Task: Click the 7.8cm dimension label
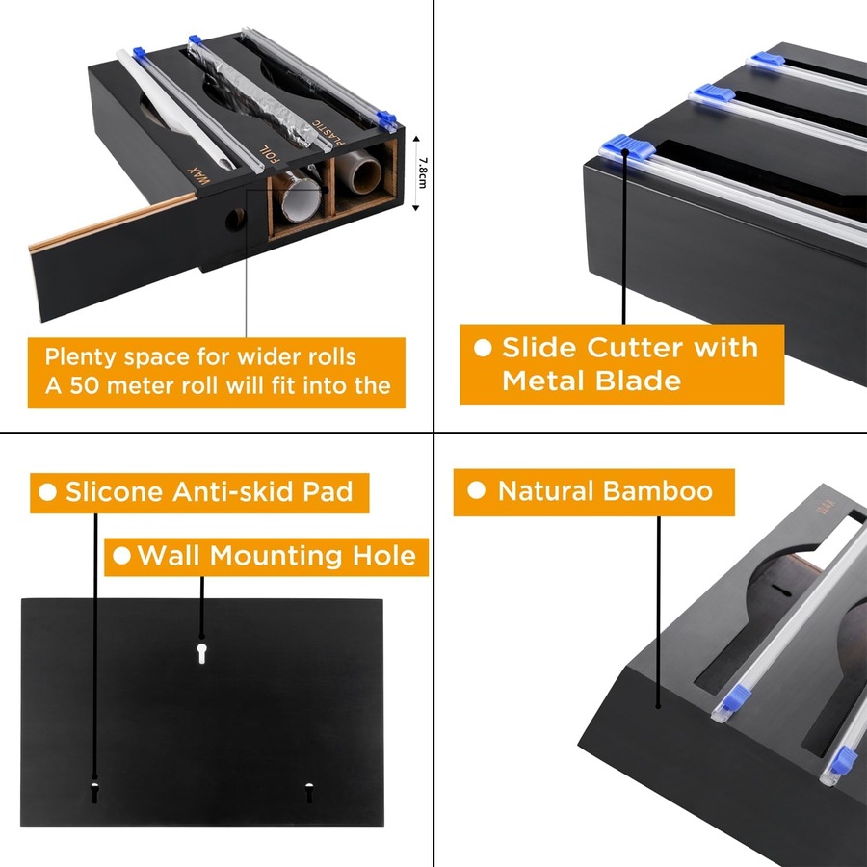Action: (x=423, y=172)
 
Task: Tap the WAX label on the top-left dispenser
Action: (x=199, y=176)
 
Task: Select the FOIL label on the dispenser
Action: (x=271, y=154)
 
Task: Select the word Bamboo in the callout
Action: (x=658, y=491)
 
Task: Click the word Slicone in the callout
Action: (x=114, y=491)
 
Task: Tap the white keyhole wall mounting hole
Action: (x=202, y=653)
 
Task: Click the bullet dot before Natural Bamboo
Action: (x=476, y=490)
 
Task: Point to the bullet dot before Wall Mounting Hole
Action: (x=121, y=556)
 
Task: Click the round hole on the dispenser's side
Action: (x=235, y=220)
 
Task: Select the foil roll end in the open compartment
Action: (x=300, y=197)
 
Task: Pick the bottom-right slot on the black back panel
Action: (x=308, y=793)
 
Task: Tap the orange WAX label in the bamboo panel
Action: (x=824, y=507)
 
